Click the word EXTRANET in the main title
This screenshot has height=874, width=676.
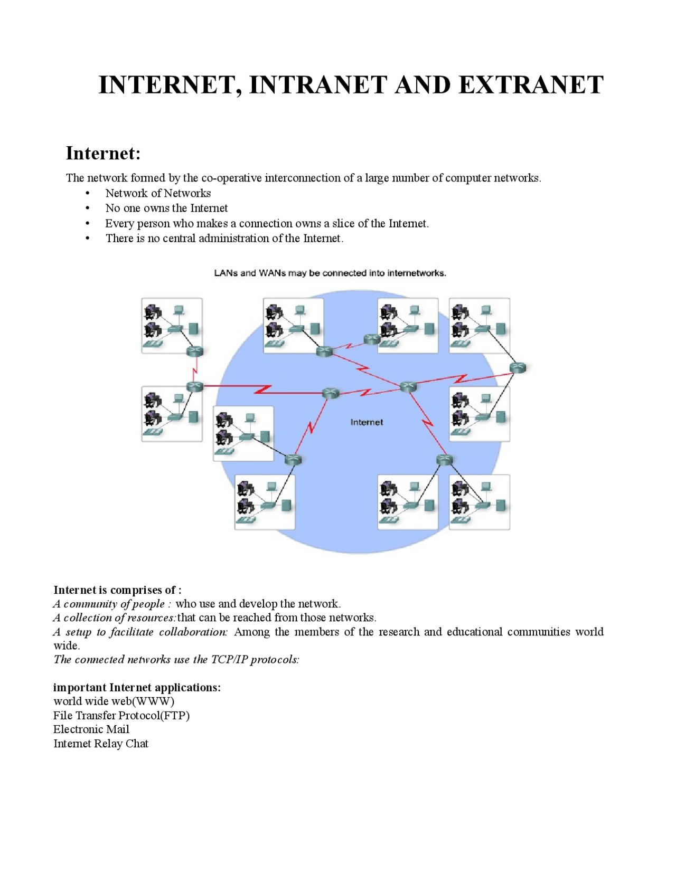click(531, 85)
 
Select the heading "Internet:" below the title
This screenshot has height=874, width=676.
click(103, 153)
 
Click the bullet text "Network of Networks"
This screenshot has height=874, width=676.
click(158, 193)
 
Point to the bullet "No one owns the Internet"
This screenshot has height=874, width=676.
click(166, 208)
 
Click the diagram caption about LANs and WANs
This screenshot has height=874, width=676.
click(330, 273)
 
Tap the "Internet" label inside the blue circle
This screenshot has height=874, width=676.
click(367, 422)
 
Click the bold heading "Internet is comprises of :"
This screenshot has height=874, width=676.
click(117, 590)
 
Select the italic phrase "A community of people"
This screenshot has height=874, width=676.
click(109, 604)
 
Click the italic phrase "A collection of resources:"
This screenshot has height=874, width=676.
click(115, 617)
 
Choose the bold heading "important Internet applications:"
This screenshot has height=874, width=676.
click(137, 687)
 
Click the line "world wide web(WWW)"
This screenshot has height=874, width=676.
click(114, 701)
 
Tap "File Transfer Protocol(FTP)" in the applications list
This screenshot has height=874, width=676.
click(121, 715)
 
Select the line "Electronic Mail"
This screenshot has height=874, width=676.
click(91, 729)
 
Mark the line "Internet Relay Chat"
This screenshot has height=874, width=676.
click(101, 743)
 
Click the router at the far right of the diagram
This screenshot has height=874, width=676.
click(518, 368)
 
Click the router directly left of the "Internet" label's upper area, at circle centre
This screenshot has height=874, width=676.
click(331, 393)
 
